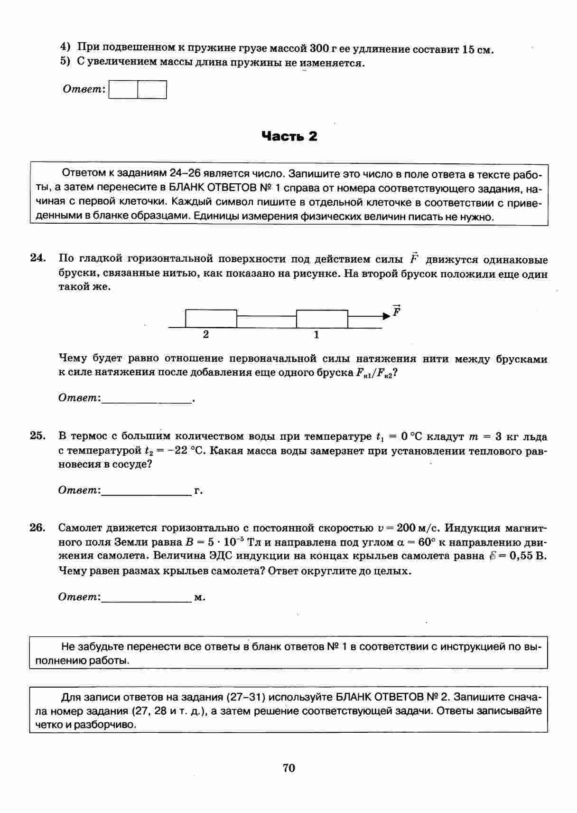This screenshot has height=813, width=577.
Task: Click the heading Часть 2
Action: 289,137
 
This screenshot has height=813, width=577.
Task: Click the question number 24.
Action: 37,258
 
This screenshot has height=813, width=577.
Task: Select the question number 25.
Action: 37,436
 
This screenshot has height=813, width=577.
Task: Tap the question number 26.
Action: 37,528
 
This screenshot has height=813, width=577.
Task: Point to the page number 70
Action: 288,767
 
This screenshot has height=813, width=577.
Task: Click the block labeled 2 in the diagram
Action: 211,319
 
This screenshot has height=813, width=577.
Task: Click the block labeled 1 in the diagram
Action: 322,319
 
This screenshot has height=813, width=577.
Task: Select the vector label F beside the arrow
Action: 397,311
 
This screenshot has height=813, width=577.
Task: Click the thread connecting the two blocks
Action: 266,316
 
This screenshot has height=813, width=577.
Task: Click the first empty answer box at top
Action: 123,90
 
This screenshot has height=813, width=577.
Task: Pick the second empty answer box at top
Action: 152,90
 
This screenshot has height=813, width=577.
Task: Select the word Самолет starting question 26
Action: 81,528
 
